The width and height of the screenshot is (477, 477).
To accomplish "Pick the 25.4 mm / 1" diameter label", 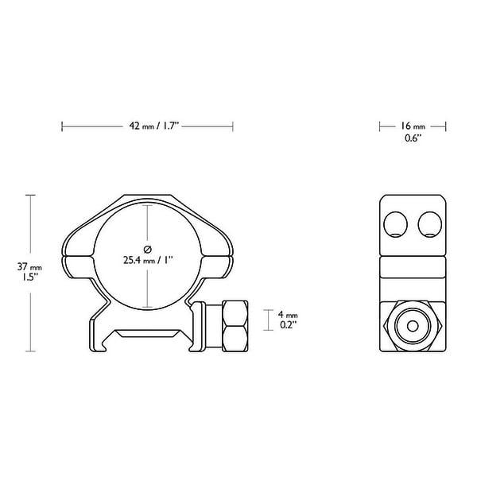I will point(147,259).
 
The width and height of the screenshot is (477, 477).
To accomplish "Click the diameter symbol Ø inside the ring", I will point(147,246).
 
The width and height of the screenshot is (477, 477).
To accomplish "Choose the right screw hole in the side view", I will point(430,225).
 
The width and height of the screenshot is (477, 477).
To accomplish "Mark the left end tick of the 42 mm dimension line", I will point(62,126).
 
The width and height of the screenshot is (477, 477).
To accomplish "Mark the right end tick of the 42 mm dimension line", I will point(233,126).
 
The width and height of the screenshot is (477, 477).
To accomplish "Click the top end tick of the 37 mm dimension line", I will point(31,195).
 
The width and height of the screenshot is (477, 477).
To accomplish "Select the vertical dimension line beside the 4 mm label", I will point(265,320).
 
